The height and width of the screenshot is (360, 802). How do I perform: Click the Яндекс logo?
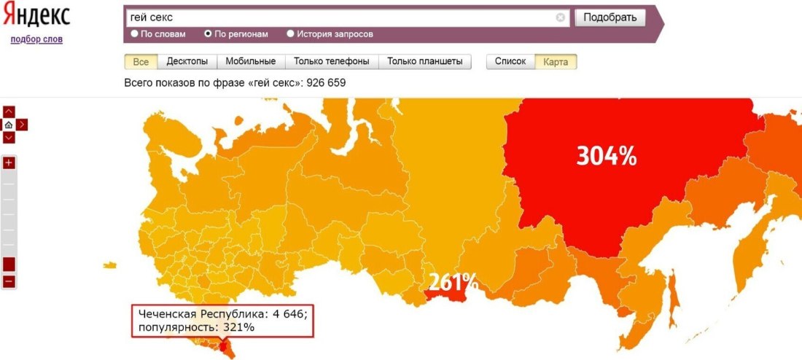[x=36, y=16]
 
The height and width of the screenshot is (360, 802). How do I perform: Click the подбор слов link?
[x=36, y=39]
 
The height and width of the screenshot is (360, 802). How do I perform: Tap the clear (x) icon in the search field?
[x=561, y=17]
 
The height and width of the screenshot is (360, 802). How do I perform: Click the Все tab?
[x=141, y=62]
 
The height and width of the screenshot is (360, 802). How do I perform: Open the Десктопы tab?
[x=187, y=62]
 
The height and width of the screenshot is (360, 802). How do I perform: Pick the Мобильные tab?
[x=250, y=62]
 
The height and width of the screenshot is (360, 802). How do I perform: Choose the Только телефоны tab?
[x=331, y=62]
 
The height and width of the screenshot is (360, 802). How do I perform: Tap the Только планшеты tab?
[x=424, y=62]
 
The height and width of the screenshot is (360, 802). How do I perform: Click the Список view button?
[x=510, y=62]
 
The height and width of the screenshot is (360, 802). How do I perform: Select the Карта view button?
[x=556, y=62]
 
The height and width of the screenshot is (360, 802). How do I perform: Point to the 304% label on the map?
[x=607, y=155]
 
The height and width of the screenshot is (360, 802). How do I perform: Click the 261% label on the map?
[x=453, y=281]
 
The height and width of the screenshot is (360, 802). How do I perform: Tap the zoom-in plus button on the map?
[x=9, y=163]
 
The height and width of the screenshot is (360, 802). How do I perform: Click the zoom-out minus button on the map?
[x=9, y=281]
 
